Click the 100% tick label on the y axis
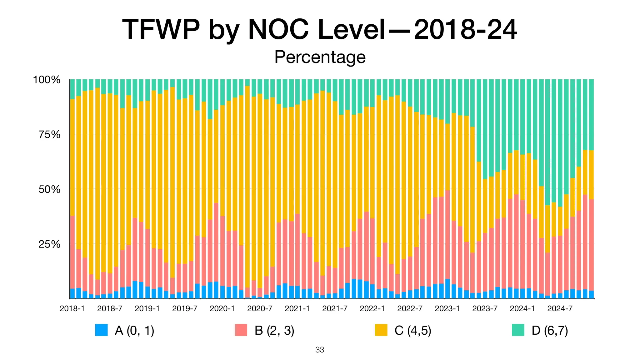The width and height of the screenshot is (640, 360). coord(47,80)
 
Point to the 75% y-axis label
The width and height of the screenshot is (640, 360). coord(49,135)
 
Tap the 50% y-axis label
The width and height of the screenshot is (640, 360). coord(49,189)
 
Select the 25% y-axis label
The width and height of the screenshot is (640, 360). coord(49,244)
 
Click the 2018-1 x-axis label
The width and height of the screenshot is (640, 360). coord(72,309)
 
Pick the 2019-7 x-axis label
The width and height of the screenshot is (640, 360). coord(185,309)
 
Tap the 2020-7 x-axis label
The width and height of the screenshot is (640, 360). coord(260,309)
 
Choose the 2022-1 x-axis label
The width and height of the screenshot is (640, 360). coord(372,309)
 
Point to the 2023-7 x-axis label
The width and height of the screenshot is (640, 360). coord(485,309)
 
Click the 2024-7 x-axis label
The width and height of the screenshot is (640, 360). coord(560,309)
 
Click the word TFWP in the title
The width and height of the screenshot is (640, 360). coord(161,30)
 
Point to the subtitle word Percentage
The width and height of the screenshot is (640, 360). coord(320,57)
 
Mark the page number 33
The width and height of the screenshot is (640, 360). coord(320,350)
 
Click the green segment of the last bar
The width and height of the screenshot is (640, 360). coord(591,114)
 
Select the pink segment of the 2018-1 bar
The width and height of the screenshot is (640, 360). coord(72,252)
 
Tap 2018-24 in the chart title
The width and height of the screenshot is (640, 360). coord(465,30)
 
